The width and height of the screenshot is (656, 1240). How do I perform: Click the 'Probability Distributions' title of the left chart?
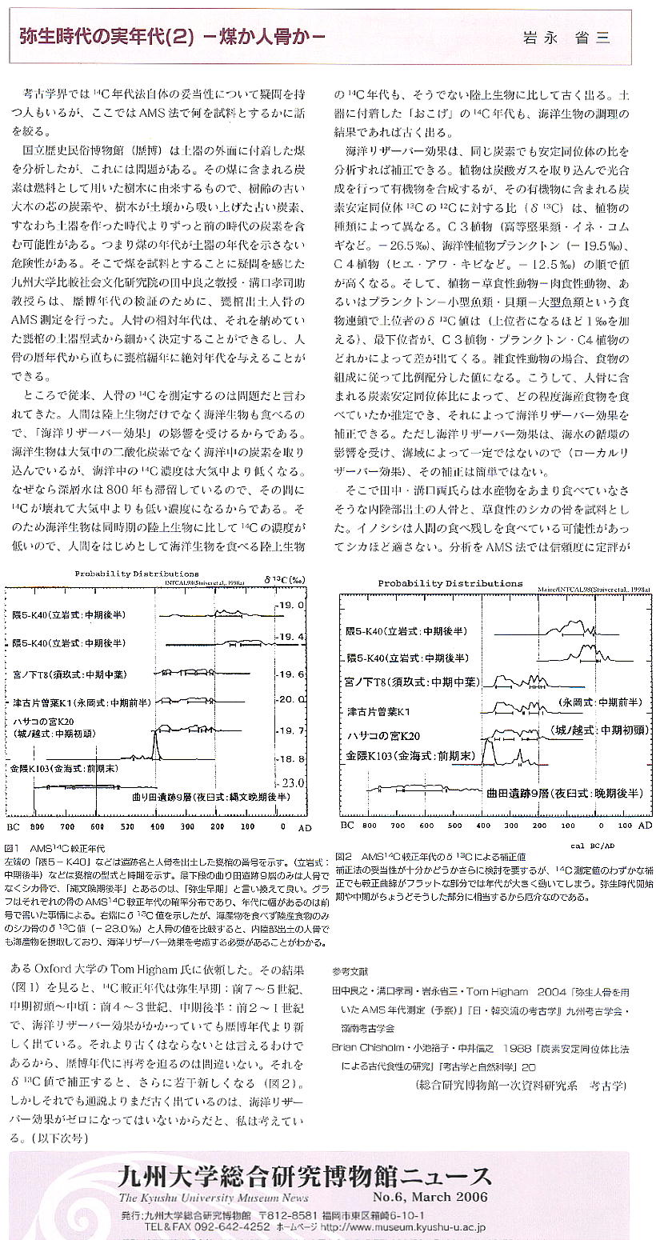[x=137, y=574]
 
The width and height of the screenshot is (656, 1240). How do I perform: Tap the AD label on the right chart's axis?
[x=646, y=823]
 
